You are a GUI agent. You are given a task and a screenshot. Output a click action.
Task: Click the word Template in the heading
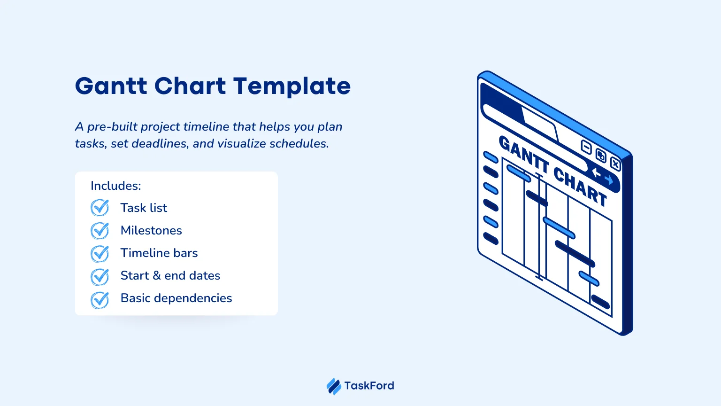click(292, 86)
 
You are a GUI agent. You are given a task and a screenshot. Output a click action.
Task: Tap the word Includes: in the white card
click(116, 186)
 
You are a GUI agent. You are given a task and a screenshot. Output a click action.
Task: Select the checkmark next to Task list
click(100, 208)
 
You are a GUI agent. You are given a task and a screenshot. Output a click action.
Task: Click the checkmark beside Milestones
click(100, 230)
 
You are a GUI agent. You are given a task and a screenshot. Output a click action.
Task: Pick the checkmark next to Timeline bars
click(100, 253)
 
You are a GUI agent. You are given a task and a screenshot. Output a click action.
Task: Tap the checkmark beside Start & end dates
click(100, 276)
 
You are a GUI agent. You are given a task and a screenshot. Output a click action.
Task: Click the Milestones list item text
click(151, 230)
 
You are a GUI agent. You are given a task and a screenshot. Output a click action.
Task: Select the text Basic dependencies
click(176, 298)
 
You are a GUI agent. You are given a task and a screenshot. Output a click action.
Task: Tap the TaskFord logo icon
click(334, 386)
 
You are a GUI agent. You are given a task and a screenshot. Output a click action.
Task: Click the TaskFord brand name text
click(369, 385)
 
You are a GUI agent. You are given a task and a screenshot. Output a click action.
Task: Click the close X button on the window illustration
click(615, 164)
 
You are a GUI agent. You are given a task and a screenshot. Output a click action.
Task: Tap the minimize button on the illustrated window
click(586, 148)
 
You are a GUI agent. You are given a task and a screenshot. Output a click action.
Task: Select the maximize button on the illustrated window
click(601, 156)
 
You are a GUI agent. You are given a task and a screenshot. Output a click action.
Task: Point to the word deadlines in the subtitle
click(160, 143)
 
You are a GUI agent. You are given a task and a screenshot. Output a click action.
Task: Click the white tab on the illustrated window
click(540, 124)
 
